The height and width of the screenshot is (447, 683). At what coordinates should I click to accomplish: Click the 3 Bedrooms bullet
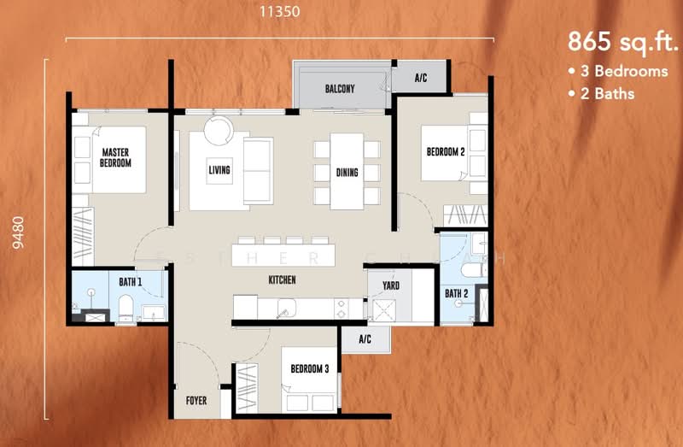pos(618,72)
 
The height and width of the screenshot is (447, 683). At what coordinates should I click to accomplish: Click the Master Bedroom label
pos(115,158)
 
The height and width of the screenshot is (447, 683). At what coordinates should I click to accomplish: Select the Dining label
pos(347,173)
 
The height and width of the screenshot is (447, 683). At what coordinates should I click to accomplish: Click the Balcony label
pos(340,89)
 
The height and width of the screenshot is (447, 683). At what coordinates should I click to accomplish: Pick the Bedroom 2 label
pos(446,153)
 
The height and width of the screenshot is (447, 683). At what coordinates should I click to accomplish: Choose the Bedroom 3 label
pos(309,369)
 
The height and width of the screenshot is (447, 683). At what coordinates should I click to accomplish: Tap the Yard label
pos(391,286)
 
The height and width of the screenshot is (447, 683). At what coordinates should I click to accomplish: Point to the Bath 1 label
pos(131,281)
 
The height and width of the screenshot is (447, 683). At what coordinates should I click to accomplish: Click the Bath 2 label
pos(457,294)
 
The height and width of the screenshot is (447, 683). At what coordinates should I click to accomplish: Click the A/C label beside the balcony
pos(421,78)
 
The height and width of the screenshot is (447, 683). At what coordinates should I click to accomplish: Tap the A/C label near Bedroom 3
pos(365,339)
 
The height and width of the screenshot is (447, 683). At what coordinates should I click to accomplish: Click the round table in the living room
pos(217,130)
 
